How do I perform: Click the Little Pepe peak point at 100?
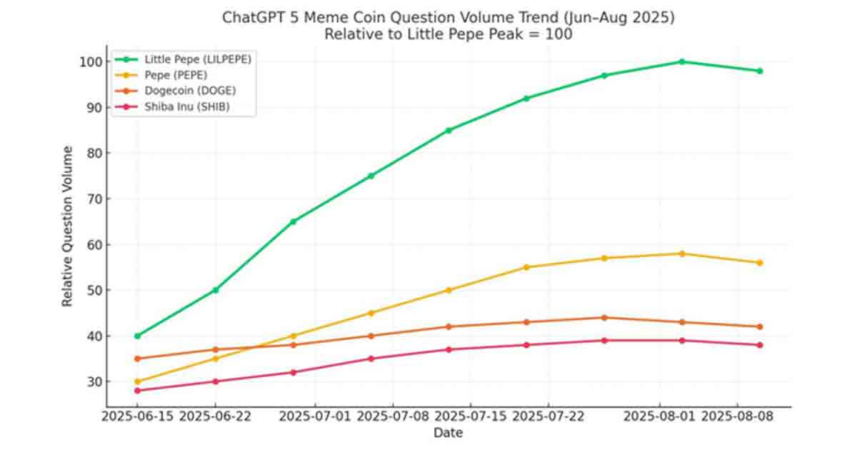point(682,61)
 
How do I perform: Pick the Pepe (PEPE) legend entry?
point(176,75)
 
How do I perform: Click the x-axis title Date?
point(448,433)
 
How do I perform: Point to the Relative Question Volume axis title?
point(68,226)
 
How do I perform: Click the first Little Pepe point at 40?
point(137,336)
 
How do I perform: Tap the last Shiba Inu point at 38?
point(760,345)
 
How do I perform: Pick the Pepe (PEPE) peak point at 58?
point(682,254)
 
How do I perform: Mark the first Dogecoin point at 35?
point(137,359)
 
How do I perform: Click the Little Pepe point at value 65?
point(293,221)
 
